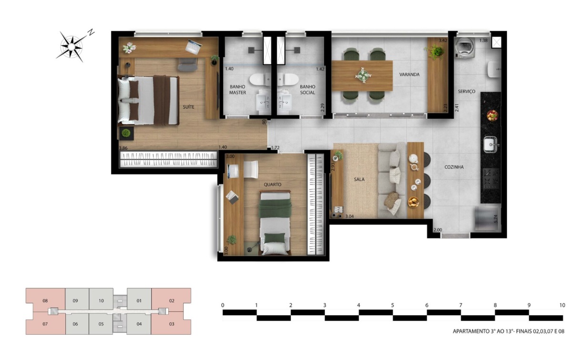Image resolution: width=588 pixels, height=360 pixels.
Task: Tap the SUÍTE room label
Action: point(188,107)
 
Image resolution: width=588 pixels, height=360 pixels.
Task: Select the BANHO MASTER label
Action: point(237,90)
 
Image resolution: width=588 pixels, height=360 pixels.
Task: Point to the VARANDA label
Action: point(409,74)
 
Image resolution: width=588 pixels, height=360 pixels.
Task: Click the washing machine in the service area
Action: point(465,48)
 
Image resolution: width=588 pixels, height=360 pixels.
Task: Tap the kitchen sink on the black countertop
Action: point(491,144)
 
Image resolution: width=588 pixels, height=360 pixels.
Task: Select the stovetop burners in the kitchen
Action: point(491,178)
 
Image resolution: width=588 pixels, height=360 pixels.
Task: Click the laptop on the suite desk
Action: point(194,47)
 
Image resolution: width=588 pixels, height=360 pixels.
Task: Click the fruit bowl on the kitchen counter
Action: point(492,115)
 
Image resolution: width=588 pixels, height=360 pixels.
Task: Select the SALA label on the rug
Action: point(359,179)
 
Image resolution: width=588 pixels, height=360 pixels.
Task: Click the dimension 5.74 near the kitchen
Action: point(495,219)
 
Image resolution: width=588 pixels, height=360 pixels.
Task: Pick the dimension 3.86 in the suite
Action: point(123,148)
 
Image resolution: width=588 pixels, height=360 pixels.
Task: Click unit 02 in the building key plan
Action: point(171,300)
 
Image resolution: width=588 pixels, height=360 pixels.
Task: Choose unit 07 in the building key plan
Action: point(45,324)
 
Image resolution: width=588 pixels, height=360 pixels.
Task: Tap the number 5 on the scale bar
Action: point(392,305)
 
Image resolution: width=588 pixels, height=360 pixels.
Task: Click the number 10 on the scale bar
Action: point(562,305)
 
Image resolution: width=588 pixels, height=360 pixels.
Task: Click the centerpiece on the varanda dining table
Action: point(363,75)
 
